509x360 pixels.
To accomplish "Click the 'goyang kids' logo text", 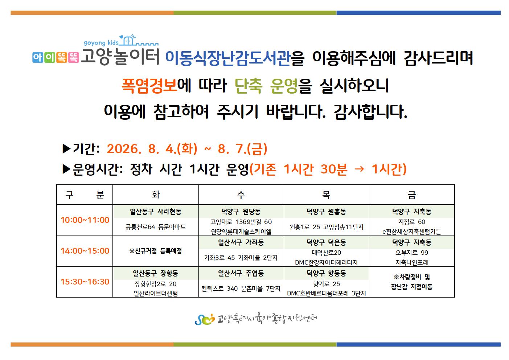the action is click(101, 42).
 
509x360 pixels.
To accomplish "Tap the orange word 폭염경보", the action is click(149, 86).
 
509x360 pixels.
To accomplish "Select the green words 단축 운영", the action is click(266, 86).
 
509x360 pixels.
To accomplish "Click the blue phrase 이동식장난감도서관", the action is click(228, 58).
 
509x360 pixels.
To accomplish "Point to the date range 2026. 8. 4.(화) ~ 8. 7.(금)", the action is click(187, 149).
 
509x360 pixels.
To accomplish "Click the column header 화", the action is click(156, 195).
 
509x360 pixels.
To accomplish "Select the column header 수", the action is click(241, 195).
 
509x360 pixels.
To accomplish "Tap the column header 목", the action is click(326, 195).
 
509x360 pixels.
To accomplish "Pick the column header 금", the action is click(412, 195).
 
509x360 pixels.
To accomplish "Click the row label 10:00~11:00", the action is click(85, 220).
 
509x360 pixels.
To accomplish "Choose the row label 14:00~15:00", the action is click(85, 251).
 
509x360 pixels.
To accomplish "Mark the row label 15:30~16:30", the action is click(85, 282).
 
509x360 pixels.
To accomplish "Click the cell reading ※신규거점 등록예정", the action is click(156, 251).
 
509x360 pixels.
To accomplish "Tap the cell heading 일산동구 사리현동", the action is click(156, 212).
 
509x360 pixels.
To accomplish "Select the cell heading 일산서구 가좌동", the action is click(241, 242).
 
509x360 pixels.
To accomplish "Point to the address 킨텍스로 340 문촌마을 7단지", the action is click(241, 289).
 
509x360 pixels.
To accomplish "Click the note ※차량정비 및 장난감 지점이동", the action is click(412, 282).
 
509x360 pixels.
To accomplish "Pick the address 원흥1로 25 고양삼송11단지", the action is click(326, 227).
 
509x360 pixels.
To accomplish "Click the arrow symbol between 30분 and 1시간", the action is click(359, 169).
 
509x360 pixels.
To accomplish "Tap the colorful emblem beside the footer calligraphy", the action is click(205, 319).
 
